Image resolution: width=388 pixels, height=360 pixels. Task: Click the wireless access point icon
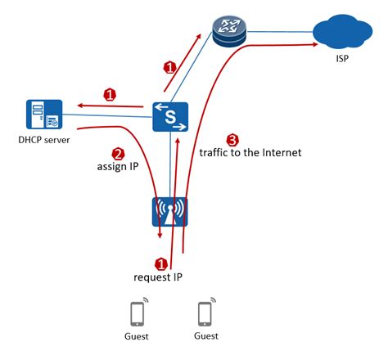(170, 211)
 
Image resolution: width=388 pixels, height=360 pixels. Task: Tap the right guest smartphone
(206, 314)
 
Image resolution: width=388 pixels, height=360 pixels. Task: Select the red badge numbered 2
(118, 153)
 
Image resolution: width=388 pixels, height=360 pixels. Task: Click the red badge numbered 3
(232, 139)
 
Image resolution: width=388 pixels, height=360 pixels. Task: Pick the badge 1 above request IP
(161, 263)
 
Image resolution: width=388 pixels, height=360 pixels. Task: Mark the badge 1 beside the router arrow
(170, 66)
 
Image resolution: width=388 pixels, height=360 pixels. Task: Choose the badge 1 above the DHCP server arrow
(110, 95)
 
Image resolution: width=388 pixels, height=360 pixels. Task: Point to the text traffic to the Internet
(250, 152)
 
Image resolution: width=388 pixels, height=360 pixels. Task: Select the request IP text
(160, 277)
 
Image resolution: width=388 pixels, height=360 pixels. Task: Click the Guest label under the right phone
(205, 336)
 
